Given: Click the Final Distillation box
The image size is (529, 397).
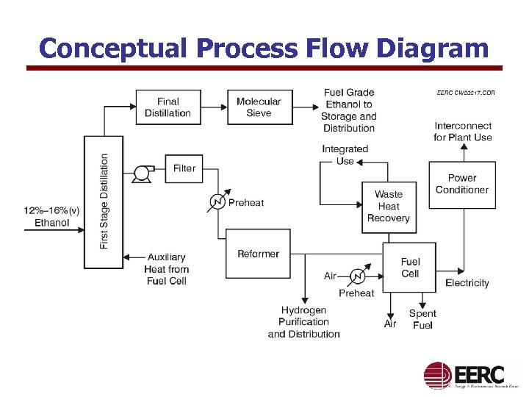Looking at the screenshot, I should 168,107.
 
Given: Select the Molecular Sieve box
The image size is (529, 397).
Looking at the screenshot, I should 259,107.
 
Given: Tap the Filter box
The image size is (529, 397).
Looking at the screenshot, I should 184,169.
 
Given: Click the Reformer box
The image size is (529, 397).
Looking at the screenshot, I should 258,254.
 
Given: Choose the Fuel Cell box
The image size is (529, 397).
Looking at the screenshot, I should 409,268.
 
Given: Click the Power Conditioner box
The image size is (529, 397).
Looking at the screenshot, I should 461,184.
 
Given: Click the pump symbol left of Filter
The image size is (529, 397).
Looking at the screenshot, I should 140,174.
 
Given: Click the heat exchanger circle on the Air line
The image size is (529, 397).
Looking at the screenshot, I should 357,276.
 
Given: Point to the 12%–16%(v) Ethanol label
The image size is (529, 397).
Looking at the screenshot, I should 52,216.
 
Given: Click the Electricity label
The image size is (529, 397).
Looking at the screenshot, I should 467,283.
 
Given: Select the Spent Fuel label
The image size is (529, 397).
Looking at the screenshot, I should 422,319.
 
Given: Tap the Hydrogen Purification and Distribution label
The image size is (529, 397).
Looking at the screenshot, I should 303,322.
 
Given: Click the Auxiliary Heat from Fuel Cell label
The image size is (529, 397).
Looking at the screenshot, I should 167,269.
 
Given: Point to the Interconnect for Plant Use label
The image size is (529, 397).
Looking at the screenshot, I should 463,132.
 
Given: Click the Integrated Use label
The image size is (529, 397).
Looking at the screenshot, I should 345,155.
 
